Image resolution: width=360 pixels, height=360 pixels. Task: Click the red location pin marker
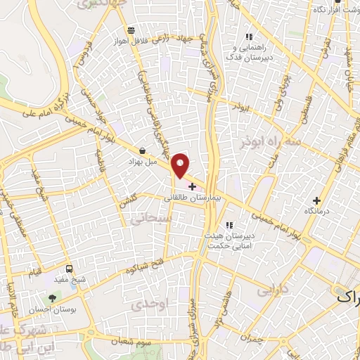click(x=181, y=166)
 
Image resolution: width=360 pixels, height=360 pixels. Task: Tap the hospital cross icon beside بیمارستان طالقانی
click(x=193, y=186)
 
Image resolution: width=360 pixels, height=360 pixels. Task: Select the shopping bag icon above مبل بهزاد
click(x=143, y=150)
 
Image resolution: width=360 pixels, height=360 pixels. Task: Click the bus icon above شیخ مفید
click(x=69, y=269)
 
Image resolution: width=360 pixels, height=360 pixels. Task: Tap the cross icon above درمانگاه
click(x=317, y=200)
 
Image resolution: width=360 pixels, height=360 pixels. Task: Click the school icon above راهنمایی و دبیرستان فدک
click(x=248, y=37)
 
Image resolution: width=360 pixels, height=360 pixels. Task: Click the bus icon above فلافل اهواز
click(x=131, y=30)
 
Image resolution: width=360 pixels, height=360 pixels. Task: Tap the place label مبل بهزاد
click(x=143, y=162)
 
